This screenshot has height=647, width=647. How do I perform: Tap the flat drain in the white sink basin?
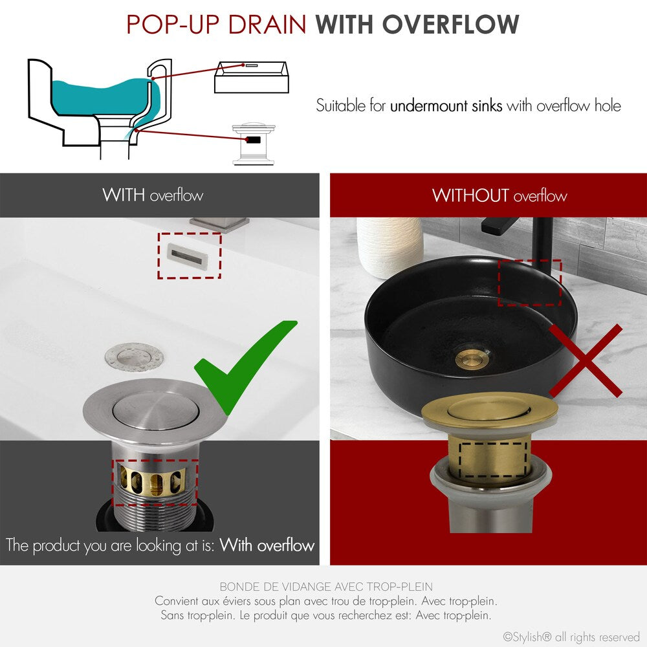coord(134,355)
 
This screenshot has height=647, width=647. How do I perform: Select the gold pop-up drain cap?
coord(489,410)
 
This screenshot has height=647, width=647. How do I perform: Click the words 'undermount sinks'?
coord(446,105)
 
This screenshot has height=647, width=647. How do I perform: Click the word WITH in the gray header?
coord(123,195)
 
